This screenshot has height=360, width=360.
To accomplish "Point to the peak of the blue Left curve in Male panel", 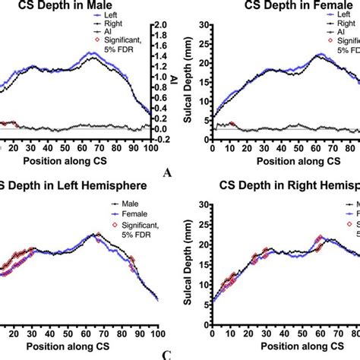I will (91, 53).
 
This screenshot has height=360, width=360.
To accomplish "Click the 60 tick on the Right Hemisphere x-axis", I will (318, 312).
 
